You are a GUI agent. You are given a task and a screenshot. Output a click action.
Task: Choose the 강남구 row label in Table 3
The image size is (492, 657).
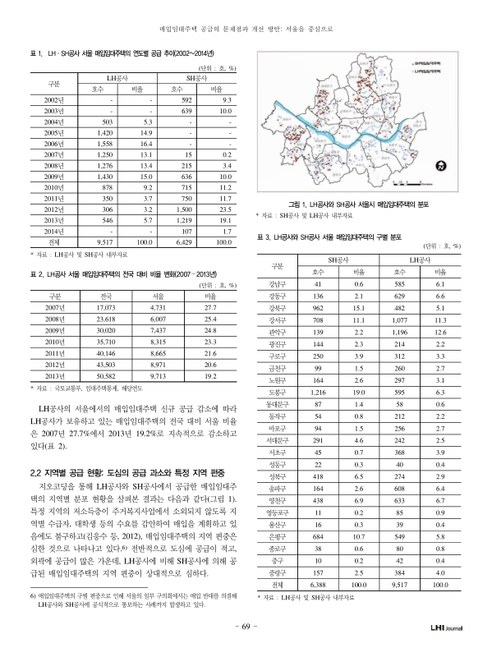pos(277,283)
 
